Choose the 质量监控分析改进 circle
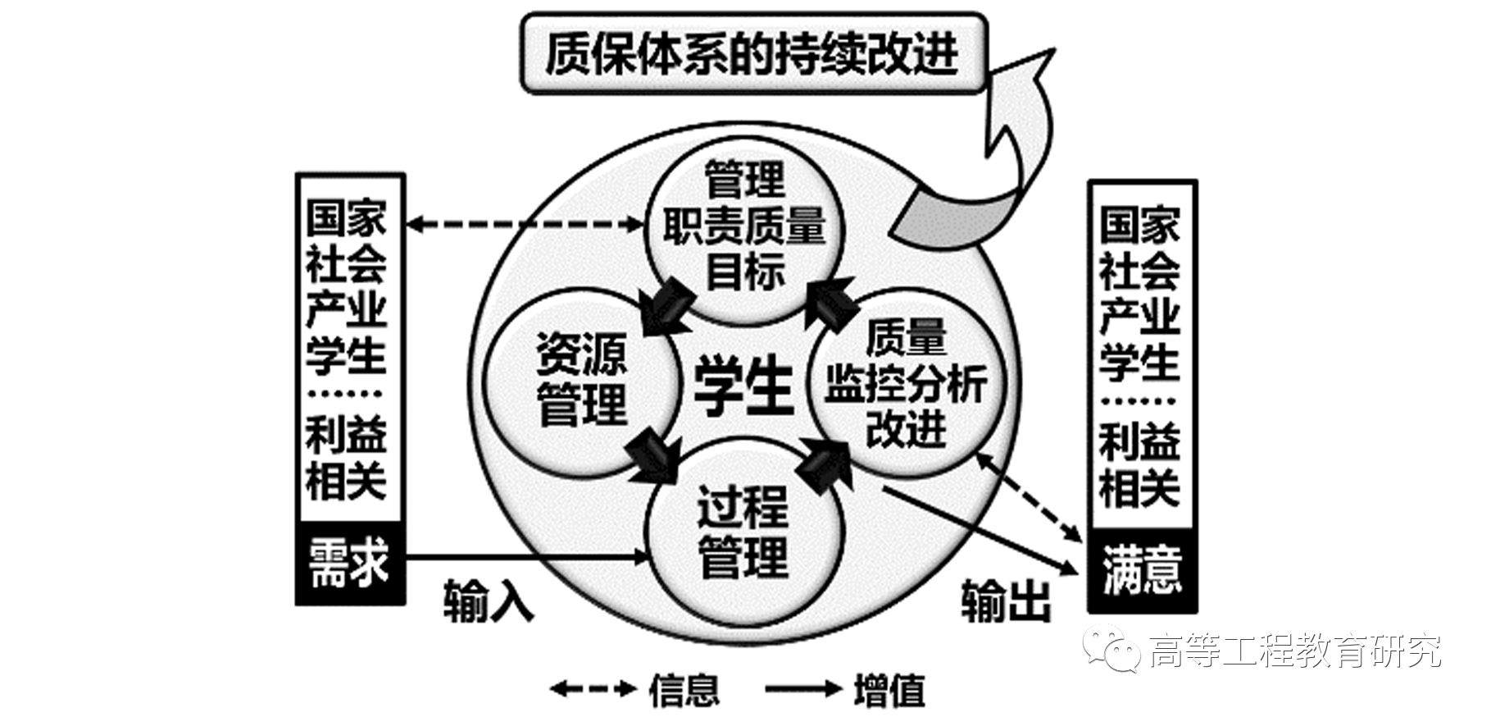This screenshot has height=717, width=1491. pyautogui.click(x=907, y=382)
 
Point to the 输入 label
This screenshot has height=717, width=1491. pyautogui.click(x=489, y=601)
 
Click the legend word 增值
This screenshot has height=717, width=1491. pyautogui.click(x=889, y=689)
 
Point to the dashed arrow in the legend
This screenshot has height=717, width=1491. pyautogui.click(x=593, y=689)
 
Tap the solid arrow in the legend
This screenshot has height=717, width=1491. pyautogui.click(x=803, y=689)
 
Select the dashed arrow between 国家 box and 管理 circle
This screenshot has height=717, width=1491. pyautogui.click(x=525, y=222)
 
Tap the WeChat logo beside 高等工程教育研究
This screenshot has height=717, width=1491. pyautogui.click(x=1111, y=648)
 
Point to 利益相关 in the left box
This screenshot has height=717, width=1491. pyautogui.click(x=346, y=459)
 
